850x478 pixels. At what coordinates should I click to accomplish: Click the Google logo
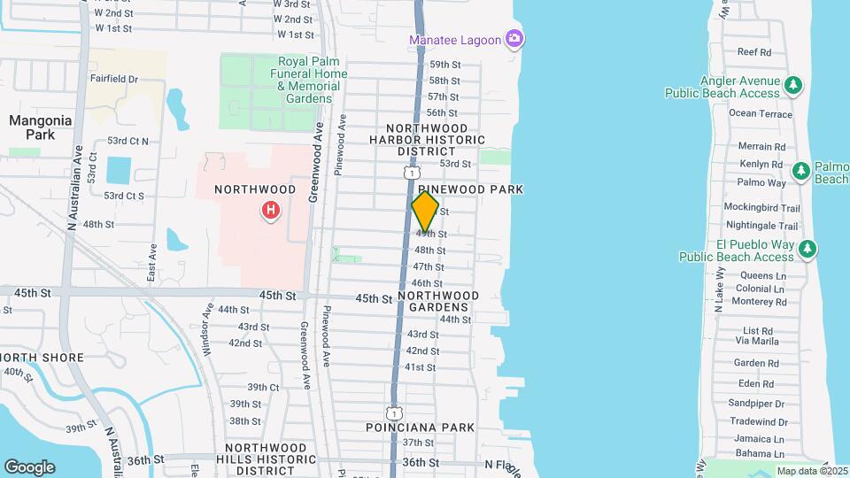(29, 466)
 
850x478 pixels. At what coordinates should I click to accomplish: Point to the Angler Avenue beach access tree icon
(794, 85)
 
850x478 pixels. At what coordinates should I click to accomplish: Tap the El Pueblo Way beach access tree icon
(807, 249)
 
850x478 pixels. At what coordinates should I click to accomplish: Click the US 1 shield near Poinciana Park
(394, 412)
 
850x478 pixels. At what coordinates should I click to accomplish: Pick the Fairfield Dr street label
(114, 79)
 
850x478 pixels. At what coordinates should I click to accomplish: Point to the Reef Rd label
(753, 52)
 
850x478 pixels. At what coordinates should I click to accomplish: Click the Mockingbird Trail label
(761, 208)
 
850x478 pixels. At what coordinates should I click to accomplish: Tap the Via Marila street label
(757, 341)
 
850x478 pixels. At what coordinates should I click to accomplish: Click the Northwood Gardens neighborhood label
(438, 301)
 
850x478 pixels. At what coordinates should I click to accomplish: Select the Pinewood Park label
(470, 189)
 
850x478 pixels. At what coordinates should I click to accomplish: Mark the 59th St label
(444, 65)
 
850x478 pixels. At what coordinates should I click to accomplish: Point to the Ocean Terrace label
(761, 113)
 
